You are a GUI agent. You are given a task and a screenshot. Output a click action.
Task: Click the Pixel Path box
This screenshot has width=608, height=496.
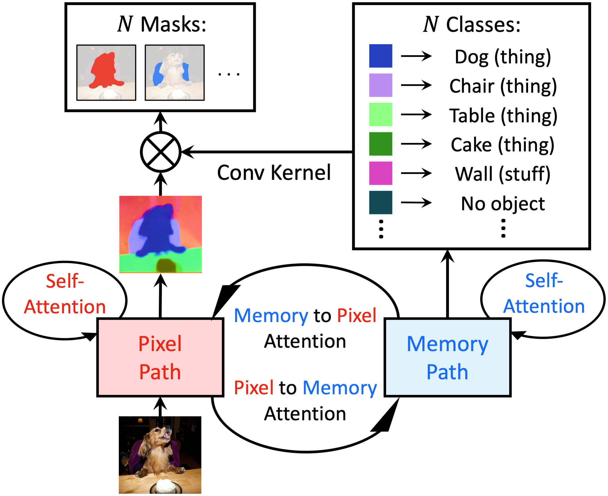tap(160, 358)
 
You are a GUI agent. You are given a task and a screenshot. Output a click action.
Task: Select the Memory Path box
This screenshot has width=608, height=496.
tap(448, 358)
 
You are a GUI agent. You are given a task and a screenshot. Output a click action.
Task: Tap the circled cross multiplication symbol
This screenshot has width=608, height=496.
tap(161, 152)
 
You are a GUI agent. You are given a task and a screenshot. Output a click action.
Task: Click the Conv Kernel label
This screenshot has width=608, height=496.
tap(274, 173)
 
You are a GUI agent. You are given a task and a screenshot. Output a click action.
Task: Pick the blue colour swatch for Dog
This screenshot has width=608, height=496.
tap(381, 56)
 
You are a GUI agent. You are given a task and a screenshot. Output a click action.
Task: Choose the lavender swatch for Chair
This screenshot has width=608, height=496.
tap(381, 85)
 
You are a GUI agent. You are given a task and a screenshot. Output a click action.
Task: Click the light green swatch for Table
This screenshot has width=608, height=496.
tap(381, 115)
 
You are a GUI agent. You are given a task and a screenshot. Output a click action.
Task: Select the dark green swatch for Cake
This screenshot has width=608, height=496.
tap(381, 144)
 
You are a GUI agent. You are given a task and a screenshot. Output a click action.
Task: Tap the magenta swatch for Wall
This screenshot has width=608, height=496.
tap(381, 173)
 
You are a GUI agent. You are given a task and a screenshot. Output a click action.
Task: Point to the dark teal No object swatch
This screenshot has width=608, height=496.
tap(381, 203)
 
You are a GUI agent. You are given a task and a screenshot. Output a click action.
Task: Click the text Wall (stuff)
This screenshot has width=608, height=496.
tap(503, 174)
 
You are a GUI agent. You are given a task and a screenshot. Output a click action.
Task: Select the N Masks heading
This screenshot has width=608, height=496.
tap(162, 24)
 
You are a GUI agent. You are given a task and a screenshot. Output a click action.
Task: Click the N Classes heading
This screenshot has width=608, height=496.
tap(472, 24)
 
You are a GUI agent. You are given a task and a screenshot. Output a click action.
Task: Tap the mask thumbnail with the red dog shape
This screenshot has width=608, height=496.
tap(106, 73)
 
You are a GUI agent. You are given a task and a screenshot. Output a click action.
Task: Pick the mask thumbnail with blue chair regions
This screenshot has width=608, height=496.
tap(175, 73)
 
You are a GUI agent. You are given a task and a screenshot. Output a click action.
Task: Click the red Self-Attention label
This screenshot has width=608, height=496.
tap(65, 294)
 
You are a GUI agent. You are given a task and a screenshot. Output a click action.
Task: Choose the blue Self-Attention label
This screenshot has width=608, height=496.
tap(544, 293)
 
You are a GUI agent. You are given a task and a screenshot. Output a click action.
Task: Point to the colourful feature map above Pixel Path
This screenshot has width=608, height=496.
tap(160, 234)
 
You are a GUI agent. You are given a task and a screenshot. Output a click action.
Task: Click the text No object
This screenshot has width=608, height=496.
tap(503, 204)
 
